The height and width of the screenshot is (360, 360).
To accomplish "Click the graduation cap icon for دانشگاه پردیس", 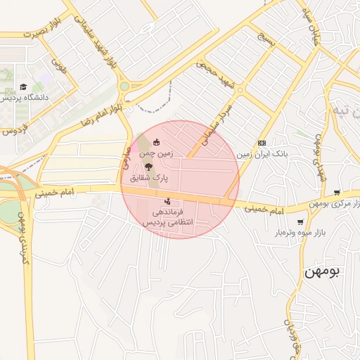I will pyautogui.click(x=23, y=87).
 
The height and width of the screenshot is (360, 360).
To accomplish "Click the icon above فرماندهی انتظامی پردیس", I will pyautogui.click(x=167, y=202).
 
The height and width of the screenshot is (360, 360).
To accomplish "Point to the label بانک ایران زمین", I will pyautogui.click(x=263, y=153).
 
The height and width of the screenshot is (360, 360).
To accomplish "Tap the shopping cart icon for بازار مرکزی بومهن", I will pyautogui.click(x=337, y=193).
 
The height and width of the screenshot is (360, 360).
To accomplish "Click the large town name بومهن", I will pyautogui.click(x=322, y=271).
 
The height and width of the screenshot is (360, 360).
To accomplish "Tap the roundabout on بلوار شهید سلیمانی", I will pyautogui.click(x=125, y=86).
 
